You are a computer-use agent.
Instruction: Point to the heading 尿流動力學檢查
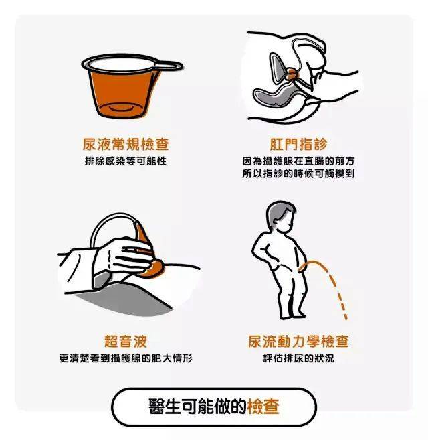click(298, 341)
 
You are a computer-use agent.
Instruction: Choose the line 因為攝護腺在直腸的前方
click(298, 161)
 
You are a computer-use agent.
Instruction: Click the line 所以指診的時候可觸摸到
click(298, 173)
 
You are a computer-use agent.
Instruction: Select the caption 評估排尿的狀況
click(298, 358)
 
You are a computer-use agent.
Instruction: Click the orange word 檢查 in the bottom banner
click(263, 407)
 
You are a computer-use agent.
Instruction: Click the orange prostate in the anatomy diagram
click(292, 73)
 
